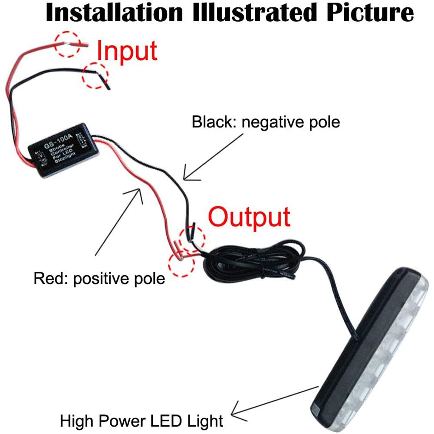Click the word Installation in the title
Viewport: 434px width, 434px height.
(114, 13)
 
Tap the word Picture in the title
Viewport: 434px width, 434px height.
(370, 13)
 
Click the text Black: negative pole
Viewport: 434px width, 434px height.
(266, 122)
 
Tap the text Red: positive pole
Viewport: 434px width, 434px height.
(99, 278)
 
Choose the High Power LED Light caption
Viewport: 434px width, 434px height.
(141, 420)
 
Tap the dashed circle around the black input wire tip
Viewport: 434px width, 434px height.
(95, 75)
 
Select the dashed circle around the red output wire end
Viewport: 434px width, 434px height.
(181, 263)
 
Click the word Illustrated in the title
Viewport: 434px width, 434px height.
(255, 13)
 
